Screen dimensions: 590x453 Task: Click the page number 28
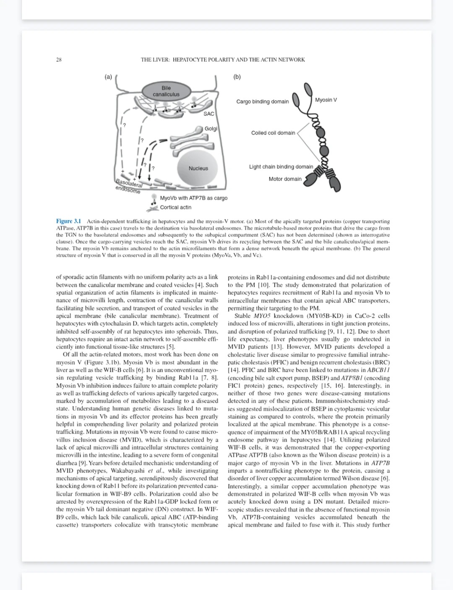pyautogui.click(x=59, y=60)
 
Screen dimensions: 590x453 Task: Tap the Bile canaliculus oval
pyautogui.click(x=166, y=91)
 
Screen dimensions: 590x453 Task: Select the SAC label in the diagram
pyautogui.click(x=208, y=114)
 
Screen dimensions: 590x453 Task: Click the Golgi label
pyautogui.click(x=211, y=129)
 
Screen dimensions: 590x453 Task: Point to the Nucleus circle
pyautogui.click(x=198, y=168)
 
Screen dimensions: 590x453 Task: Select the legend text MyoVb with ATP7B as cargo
pyautogui.click(x=193, y=198)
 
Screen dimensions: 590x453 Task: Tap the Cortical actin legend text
pyautogui.click(x=175, y=207)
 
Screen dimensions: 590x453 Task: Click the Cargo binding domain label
pyautogui.click(x=262, y=102)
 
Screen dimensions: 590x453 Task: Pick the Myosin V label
pyautogui.click(x=326, y=100)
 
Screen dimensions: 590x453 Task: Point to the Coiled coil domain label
pyautogui.click(x=273, y=133)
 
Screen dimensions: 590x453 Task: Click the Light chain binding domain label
pyautogui.click(x=281, y=167)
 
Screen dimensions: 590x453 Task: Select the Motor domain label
pyautogui.click(x=285, y=179)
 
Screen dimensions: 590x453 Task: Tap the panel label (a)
pyautogui.click(x=108, y=77)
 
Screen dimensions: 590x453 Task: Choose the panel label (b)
pyautogui.click(x=237, y=77)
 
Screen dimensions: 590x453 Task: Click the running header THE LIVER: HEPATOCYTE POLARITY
pyautogui.click(x=223, y=60)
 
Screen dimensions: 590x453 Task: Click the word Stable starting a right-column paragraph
pyautogui.click(x=243, y=316)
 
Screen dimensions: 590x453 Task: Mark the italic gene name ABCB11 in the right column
pyautogui.click(x=378, y=370)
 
